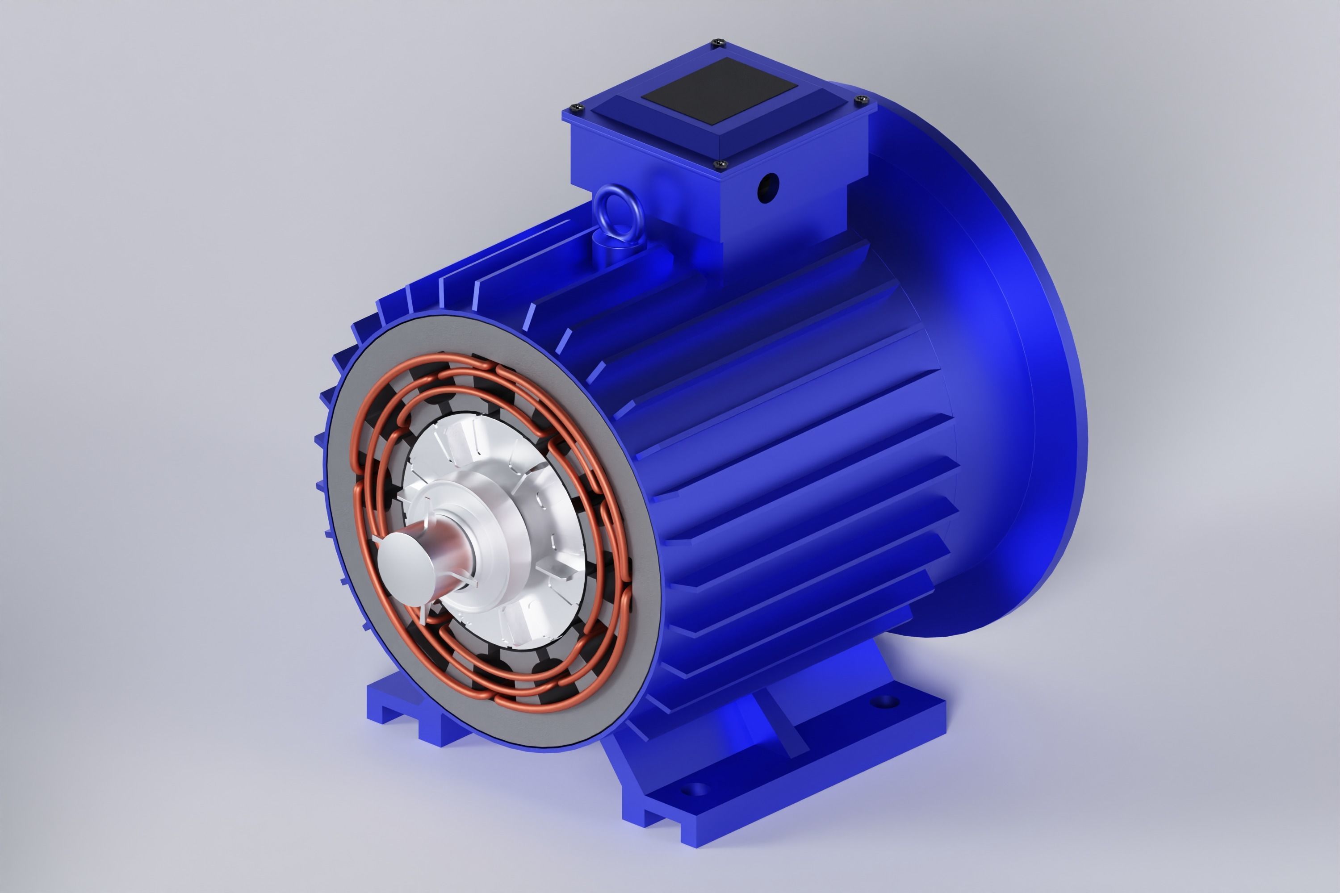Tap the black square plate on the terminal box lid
[719, 91]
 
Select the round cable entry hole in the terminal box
[767, 187]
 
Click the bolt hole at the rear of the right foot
[883, 701]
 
